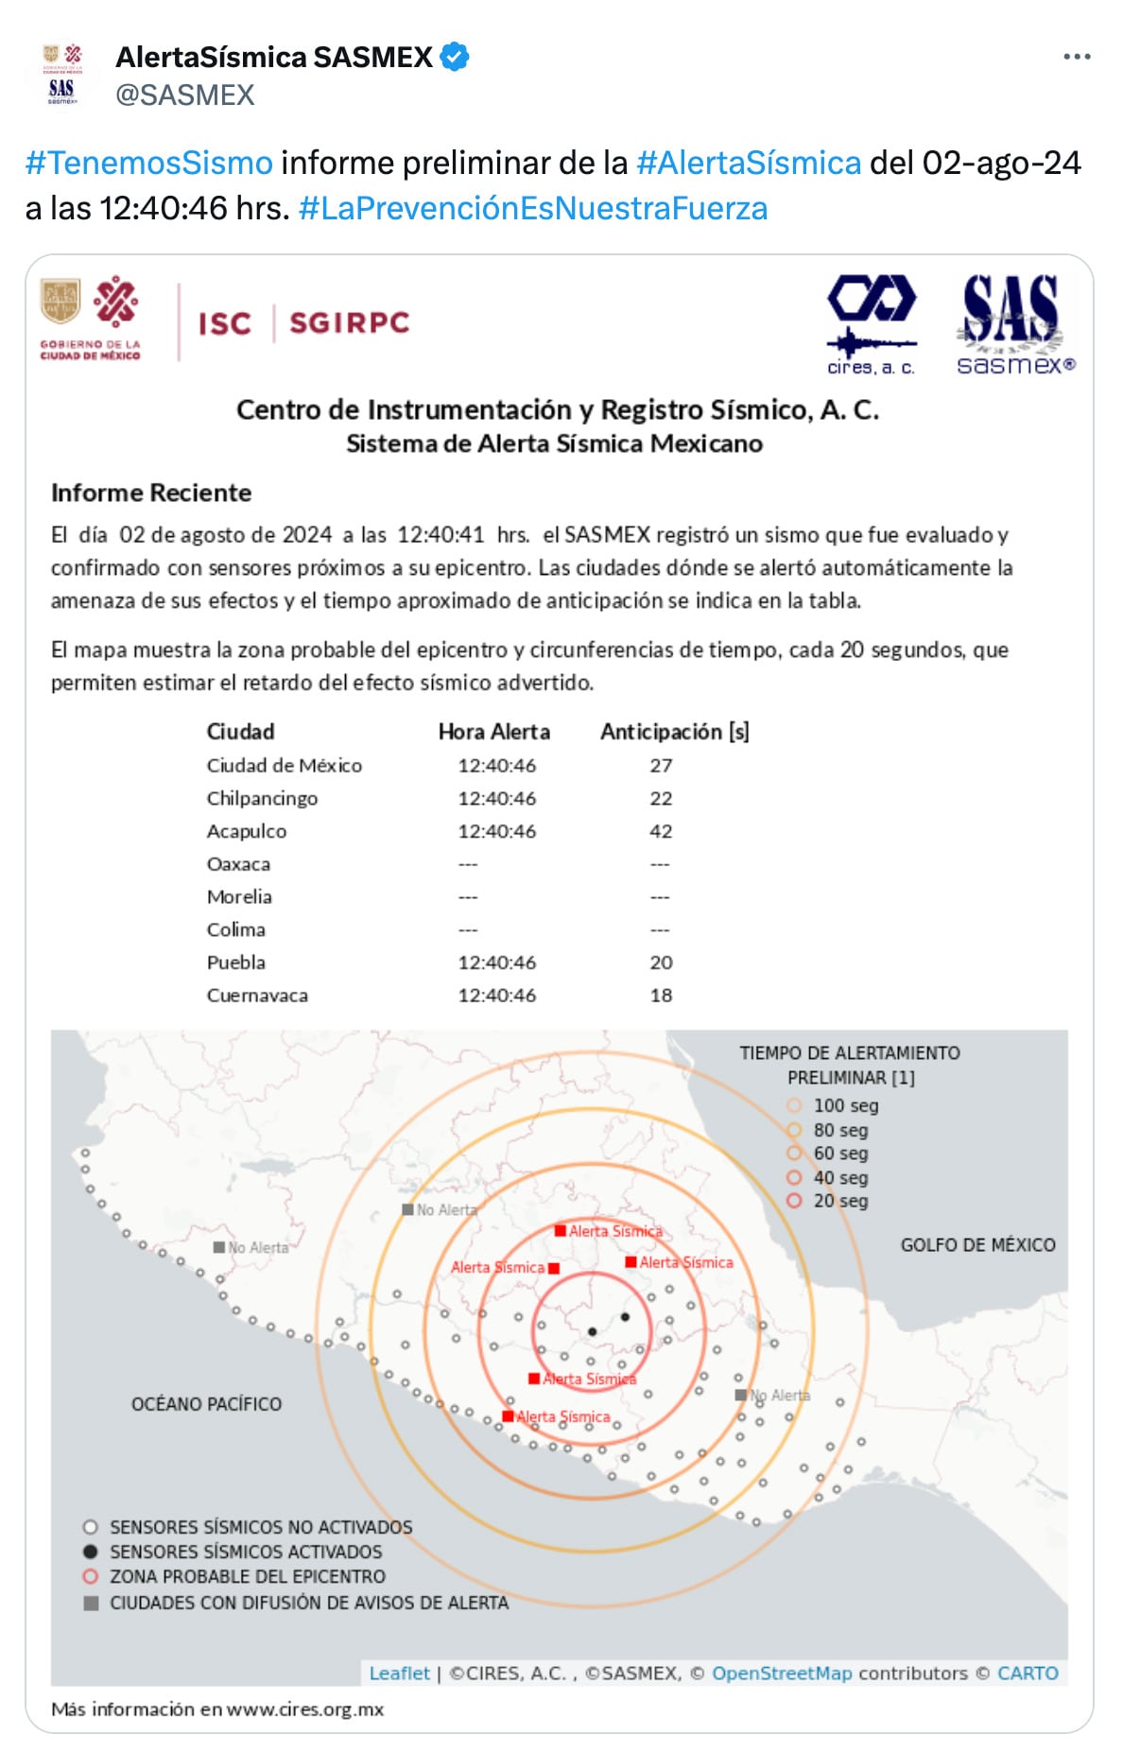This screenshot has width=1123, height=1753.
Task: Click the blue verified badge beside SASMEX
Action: pyautogui.click(x=456, y=57)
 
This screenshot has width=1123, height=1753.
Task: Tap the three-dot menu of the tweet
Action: pyautogui.click(x=1077, y=57)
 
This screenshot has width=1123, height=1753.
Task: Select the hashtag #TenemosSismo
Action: pyautogui.click(x=149, y=163)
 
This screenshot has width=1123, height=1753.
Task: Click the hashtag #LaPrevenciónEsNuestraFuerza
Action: pyautogui.click(x=533, y=208)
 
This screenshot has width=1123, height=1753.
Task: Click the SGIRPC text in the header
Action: pyautogui.click(x=350, y=323)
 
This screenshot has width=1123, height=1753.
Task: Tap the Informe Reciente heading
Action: pyautogui.click(x=151, y=493)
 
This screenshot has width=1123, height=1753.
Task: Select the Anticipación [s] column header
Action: pyautogui.click(x=675, y=732)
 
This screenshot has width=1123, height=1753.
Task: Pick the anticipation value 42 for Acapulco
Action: pyautogui.click(x=661, y=831)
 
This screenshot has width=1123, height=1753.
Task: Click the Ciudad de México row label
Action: pyautogui.click(x=285, y=765)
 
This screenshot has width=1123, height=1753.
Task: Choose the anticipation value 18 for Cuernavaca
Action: pyautogui.click(x=661, y=995)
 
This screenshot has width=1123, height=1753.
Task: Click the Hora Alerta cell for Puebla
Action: pyautogui.click(x=496, y=963)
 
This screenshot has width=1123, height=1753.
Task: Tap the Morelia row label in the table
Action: pyautogui.click(x=239, y=896)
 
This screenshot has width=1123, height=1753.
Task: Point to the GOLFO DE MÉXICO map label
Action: pyautogui.click(x=977, y=1245)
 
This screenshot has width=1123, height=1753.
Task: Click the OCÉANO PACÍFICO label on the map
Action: pyautogui.click(x=206, y=1404)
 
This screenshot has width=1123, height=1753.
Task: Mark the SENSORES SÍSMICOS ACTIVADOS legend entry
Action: pyautogui.click(x=246, y=1552)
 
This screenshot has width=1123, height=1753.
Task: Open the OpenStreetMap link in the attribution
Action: pyautogui.click(x=782, y=1673)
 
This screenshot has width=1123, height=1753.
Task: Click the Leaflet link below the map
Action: pyautogui.click(x=399, y=1673)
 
